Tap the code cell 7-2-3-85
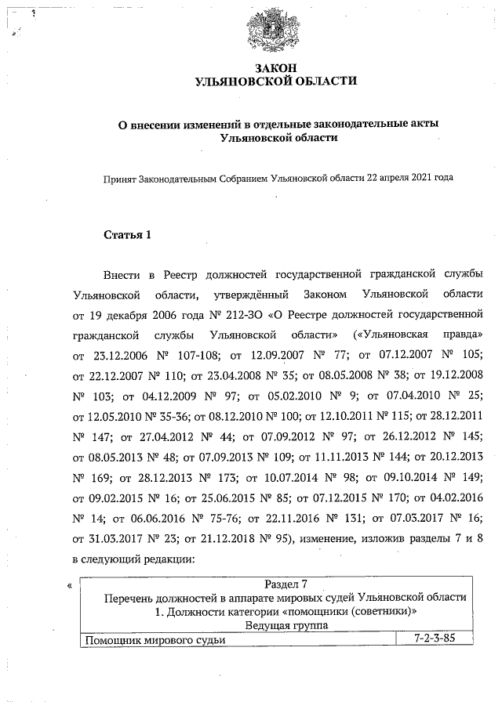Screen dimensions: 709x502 pyautogui.click(x=434, y=639)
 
